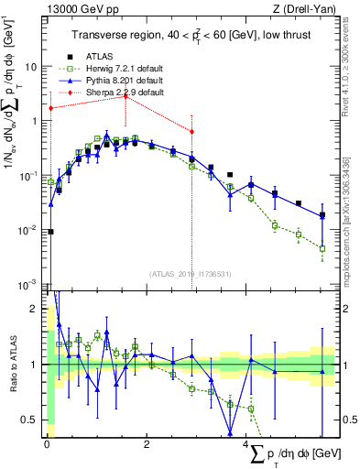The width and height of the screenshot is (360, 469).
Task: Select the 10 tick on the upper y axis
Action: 31,67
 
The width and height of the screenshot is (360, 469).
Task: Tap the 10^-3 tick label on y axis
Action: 29,282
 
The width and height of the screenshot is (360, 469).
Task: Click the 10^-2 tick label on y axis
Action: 29,228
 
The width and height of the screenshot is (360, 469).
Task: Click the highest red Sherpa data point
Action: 125,96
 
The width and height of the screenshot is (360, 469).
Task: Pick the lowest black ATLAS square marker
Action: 50,232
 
